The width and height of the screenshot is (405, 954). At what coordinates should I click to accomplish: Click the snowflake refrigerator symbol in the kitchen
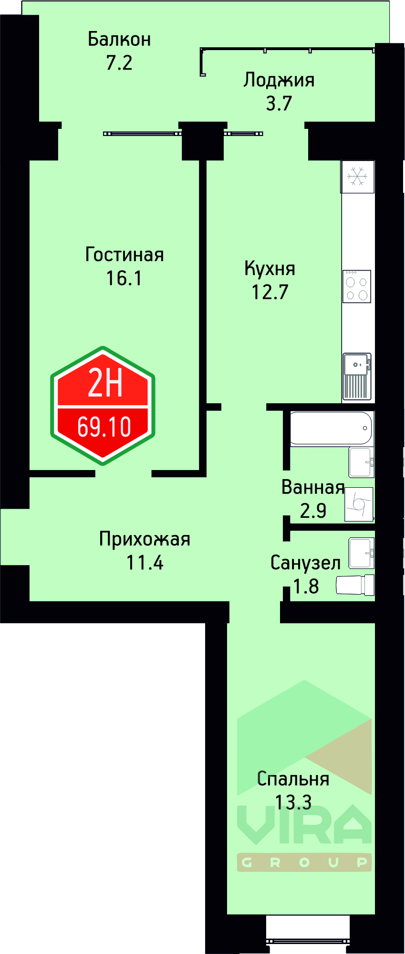(357, 177)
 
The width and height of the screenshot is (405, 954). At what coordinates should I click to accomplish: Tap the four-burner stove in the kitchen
(357, 286)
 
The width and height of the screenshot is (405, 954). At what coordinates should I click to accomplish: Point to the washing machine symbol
(359, 504)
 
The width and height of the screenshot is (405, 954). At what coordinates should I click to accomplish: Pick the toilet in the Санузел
(355, 585)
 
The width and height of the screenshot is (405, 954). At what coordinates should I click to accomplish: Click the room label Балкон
(119, 39)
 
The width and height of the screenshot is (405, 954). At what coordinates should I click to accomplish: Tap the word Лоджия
(279, 80)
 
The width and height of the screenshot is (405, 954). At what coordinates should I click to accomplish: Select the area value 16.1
(124, 278)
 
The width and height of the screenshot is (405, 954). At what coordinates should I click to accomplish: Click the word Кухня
(270, 268)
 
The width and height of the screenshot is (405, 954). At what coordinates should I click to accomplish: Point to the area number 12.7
(270, 292)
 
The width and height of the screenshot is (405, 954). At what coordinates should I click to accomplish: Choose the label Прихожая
(145, 539)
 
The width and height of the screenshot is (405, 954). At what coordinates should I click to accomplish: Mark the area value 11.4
(145, 563)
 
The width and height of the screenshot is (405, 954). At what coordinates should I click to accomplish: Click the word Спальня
(293, 779)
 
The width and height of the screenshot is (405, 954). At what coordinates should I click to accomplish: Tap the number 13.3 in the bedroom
(293, 802)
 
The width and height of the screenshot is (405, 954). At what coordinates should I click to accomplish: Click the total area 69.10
(104, 427)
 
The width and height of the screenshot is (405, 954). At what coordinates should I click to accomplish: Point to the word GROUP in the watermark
(304, 862)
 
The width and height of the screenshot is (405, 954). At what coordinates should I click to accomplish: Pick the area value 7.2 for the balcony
(119, 63)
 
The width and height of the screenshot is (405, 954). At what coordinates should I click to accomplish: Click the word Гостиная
(124, 254)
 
